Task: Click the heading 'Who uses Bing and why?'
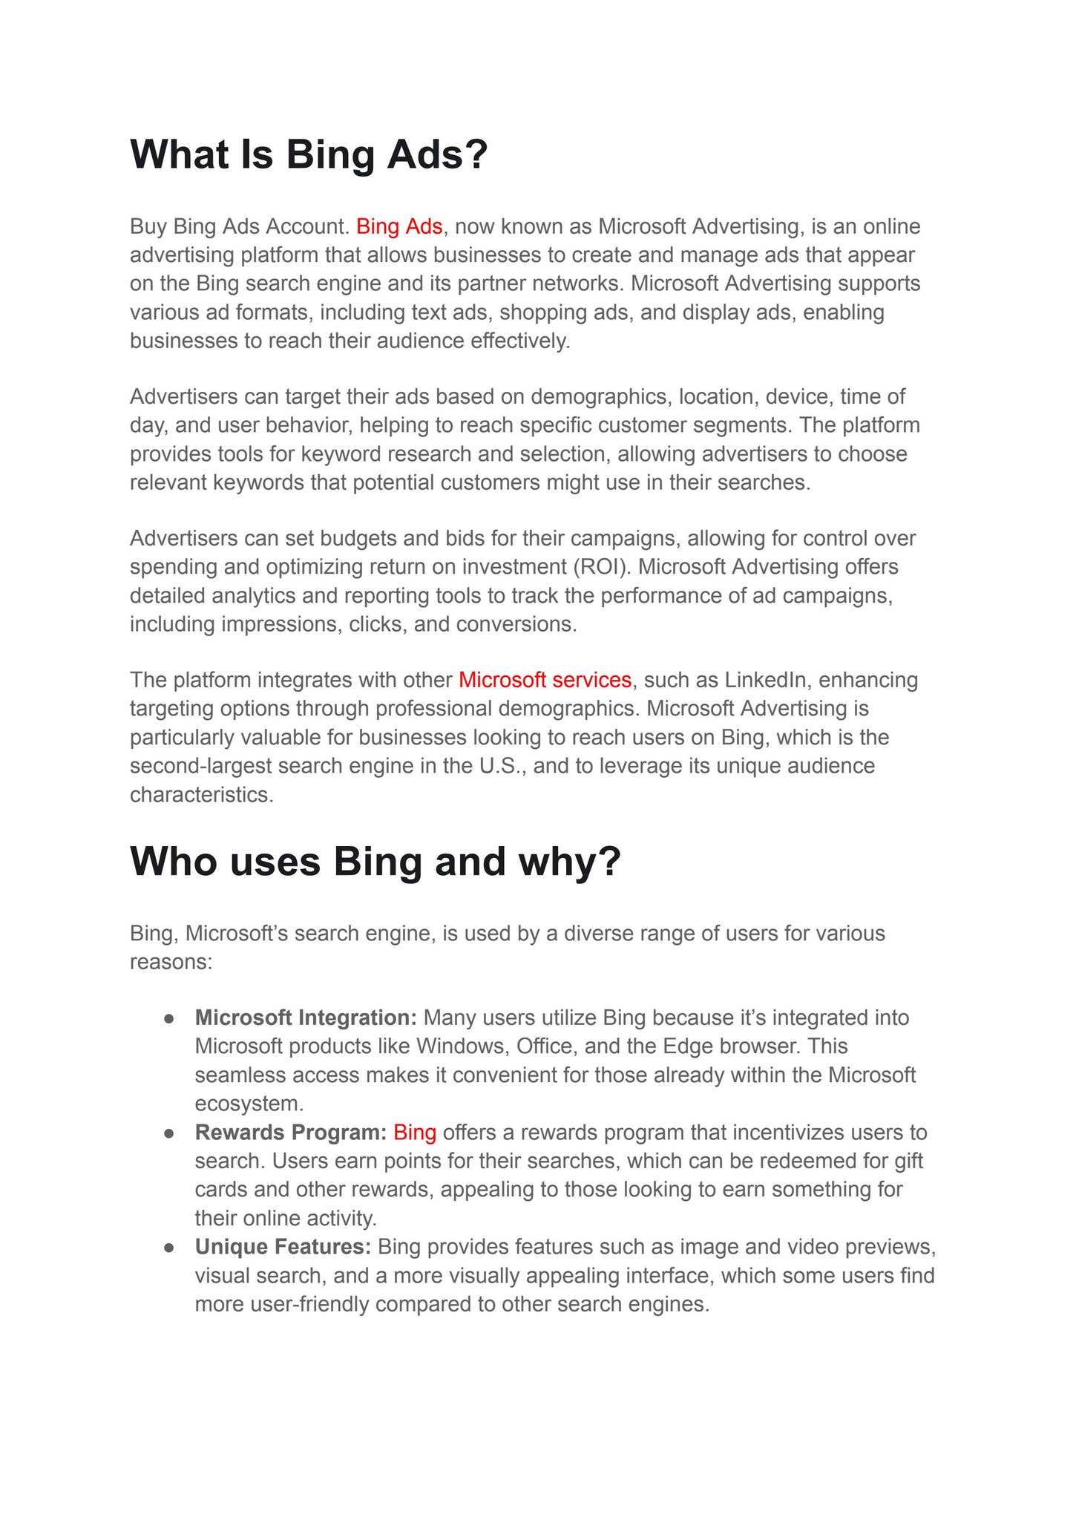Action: tap(375, 862)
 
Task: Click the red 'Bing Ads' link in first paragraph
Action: tap(399, 226)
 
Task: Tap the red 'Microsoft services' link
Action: tap(545, 680)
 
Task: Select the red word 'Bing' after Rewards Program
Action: tap(415, 1133)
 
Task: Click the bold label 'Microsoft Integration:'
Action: tap(306, 1018)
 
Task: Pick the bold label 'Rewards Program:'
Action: tap(291, 1133)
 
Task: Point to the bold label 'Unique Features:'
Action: tap(283, 1247)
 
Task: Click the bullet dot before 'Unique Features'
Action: tap(169, 1248)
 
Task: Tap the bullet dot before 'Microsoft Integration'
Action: tap(169, 1019)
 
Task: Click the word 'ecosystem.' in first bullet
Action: tap(249, 1104)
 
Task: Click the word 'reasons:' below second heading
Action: tap(171, 963)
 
